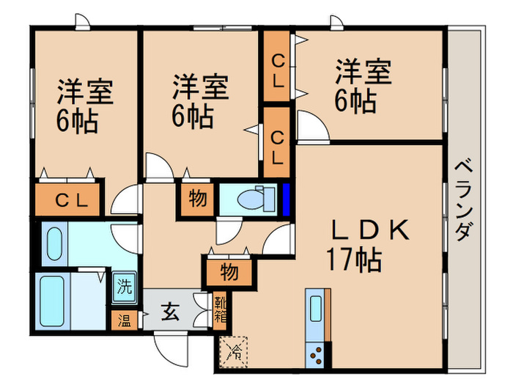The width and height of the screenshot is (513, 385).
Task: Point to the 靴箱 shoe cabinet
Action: coord(220,309)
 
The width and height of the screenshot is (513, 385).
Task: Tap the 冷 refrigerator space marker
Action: coord(234,351)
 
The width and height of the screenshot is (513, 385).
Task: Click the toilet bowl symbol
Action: coord(254,198)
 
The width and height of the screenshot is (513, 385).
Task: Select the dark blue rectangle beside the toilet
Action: coord(287,198)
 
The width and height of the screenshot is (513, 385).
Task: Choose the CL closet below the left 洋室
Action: coord(69,199)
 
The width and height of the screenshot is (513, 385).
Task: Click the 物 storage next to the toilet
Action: coord(197,199)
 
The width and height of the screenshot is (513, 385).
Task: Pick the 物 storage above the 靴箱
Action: coord(229,272)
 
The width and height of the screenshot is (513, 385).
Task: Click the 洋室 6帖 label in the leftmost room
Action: coord(82,106)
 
